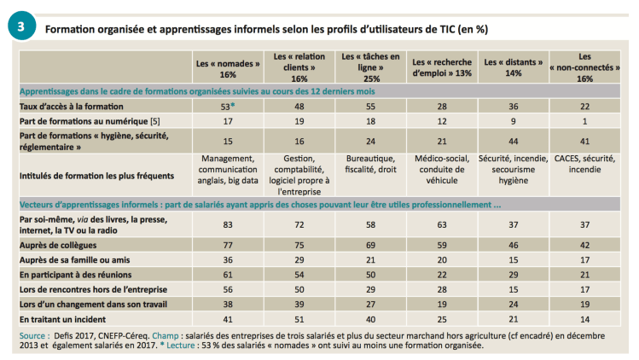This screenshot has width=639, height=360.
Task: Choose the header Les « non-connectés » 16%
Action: click(x=584, y=67)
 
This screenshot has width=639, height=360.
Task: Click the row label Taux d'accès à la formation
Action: click(x=67, y=105)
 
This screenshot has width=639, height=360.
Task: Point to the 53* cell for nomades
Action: click(x=226, y=105)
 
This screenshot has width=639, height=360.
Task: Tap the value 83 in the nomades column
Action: click(x=226, y=224)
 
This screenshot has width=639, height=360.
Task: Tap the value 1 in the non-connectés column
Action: click(x=584, y=121)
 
